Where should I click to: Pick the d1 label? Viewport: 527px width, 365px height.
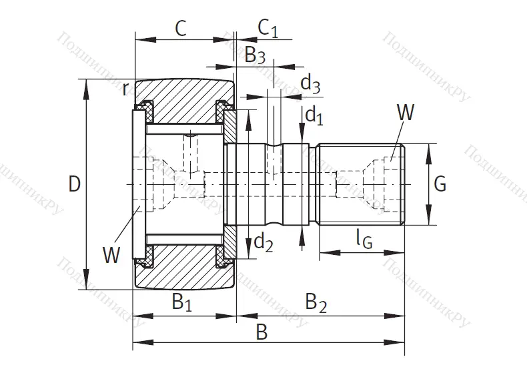[x=314, y=115]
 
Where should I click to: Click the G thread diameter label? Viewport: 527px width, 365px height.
[x=440, y=184]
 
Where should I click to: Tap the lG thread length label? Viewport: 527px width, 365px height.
[x=364, y=238]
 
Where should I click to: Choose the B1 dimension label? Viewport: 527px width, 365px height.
[x=182, y=302]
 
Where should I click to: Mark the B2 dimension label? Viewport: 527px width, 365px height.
[x=316, y=302]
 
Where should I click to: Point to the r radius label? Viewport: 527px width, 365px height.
[x=125, y=89]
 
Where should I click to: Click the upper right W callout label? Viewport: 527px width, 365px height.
[x=405, y=112]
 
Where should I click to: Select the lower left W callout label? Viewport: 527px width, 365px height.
[x=112, y=254]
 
